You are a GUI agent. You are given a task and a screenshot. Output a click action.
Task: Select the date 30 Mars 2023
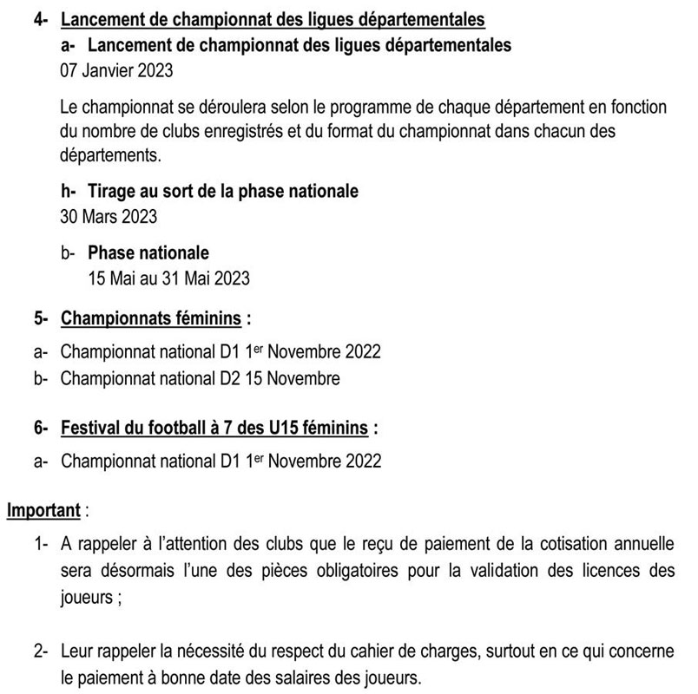pyautogui.click(x=109, y=216)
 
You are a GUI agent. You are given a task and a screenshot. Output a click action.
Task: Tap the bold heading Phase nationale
pyautogui.click(x=148, y=253)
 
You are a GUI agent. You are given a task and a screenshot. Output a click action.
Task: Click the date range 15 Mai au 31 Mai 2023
pyautogui.click(x=169, y=278)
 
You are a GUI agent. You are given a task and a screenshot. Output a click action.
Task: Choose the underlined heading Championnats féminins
pyautogui.click(x=151, y=318)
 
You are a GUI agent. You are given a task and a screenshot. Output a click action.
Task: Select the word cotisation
pyautogui.click(x=582, y=546)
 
